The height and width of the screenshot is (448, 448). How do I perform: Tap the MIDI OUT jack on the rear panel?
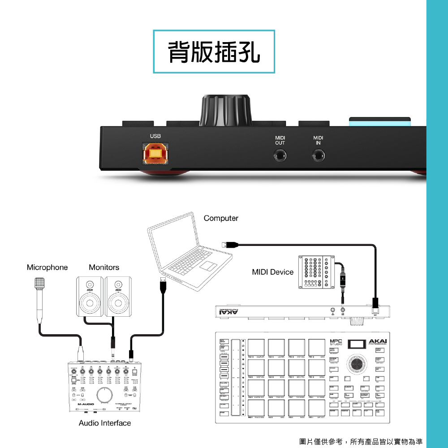(x=280, y=156)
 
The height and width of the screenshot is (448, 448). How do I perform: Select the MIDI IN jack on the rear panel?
(x=318, y=156)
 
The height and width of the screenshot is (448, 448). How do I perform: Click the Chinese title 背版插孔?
(x=214, y=52)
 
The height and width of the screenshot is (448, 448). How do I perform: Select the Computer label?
(x=221, y=218)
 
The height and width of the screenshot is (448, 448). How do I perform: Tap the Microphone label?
(x=47, y=267)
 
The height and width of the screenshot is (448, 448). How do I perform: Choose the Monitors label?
(x=104, y=267)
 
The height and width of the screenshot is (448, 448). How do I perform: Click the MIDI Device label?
(x=272, y=272)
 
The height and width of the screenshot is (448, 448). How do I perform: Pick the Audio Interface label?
(x=105, y=423)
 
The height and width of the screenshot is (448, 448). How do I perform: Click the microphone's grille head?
(x=40, y=283)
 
